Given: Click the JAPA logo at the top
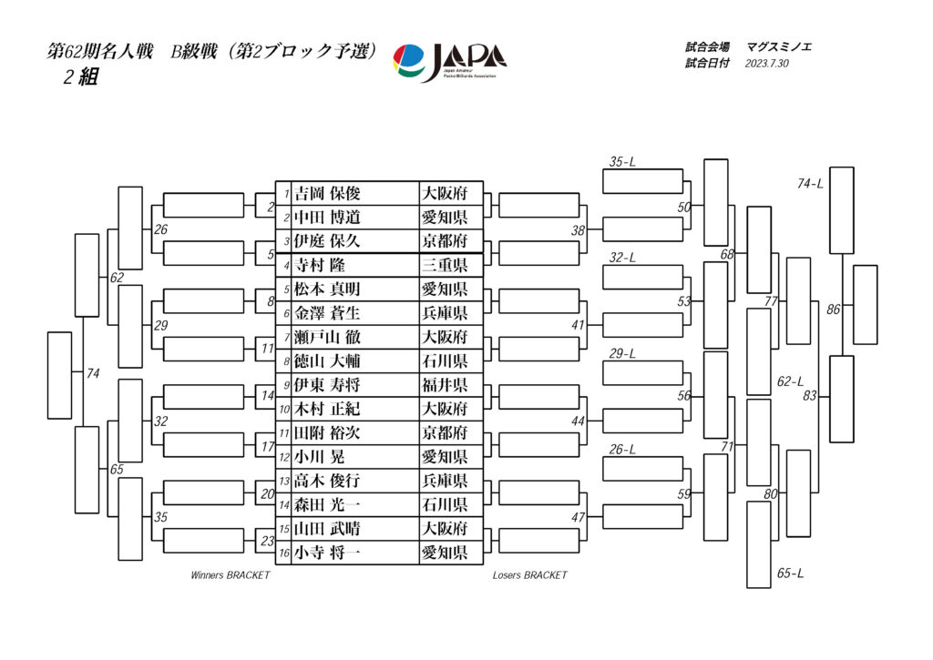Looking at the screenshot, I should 449,63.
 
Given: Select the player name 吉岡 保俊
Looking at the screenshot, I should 328,194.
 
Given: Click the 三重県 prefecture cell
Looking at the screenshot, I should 444,265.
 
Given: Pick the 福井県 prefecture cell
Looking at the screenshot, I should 444,384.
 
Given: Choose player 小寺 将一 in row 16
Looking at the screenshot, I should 328,552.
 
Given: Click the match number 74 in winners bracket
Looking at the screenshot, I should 93,373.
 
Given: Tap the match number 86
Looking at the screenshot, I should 833,310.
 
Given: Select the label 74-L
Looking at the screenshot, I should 810,184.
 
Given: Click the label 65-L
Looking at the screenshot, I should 790,574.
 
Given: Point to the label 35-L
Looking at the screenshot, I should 622,162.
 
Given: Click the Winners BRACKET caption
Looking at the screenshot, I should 230,575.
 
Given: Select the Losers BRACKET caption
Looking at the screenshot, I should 529,575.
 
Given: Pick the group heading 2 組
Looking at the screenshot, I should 80,77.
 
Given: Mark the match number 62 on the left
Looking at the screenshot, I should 117,277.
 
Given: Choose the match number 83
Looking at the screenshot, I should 809,395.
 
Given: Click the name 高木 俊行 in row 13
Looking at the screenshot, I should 328,480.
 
